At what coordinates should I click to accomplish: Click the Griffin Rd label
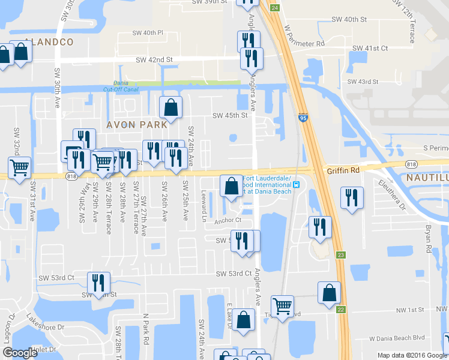point(343,170)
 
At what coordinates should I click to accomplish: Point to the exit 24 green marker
point(274,7)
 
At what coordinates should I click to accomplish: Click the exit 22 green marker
point(341,309)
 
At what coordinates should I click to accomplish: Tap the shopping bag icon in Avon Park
point(171,108)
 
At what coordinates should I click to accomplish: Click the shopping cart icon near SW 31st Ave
point(20,167)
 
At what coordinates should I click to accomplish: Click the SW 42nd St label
point(154,60)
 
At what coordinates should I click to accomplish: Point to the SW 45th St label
point(231,116)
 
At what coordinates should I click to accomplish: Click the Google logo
point(20,353)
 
